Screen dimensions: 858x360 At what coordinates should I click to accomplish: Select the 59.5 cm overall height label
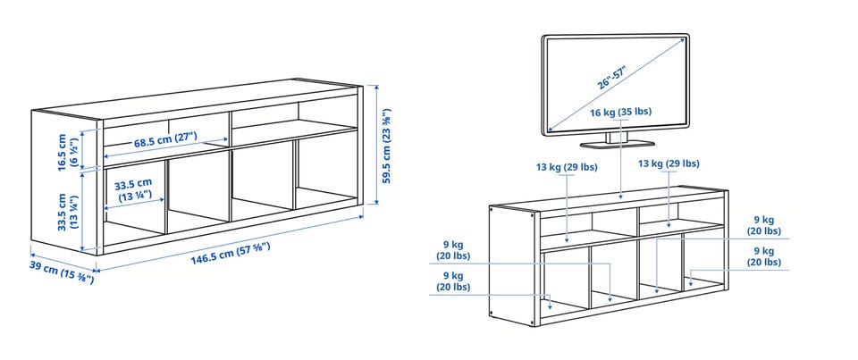click(386, 147)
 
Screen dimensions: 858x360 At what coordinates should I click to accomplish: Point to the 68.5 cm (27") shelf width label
click(165, 140)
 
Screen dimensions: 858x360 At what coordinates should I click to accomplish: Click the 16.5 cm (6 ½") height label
click(68, 153)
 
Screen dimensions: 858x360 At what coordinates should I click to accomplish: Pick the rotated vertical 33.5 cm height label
click(68, 211)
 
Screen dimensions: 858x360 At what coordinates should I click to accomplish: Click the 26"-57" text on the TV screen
click(611, 78)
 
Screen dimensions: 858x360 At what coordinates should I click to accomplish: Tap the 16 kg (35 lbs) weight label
click(620, 113)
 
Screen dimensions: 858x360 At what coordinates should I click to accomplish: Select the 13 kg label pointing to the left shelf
click(567, 167)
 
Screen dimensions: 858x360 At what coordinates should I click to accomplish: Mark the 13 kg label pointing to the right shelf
click(669, 163)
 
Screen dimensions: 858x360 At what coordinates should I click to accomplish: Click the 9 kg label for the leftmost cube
click(453, 280)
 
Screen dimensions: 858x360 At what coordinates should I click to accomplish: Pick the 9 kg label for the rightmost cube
click(764, 256)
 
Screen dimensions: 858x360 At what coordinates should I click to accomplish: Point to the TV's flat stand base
click(618, 144)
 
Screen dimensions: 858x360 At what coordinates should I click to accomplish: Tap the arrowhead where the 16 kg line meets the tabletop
click(621, 196)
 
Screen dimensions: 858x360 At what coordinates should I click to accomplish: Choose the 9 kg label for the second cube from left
click(453, 249)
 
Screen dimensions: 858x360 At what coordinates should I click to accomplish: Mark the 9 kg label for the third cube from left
click(764, 225)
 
